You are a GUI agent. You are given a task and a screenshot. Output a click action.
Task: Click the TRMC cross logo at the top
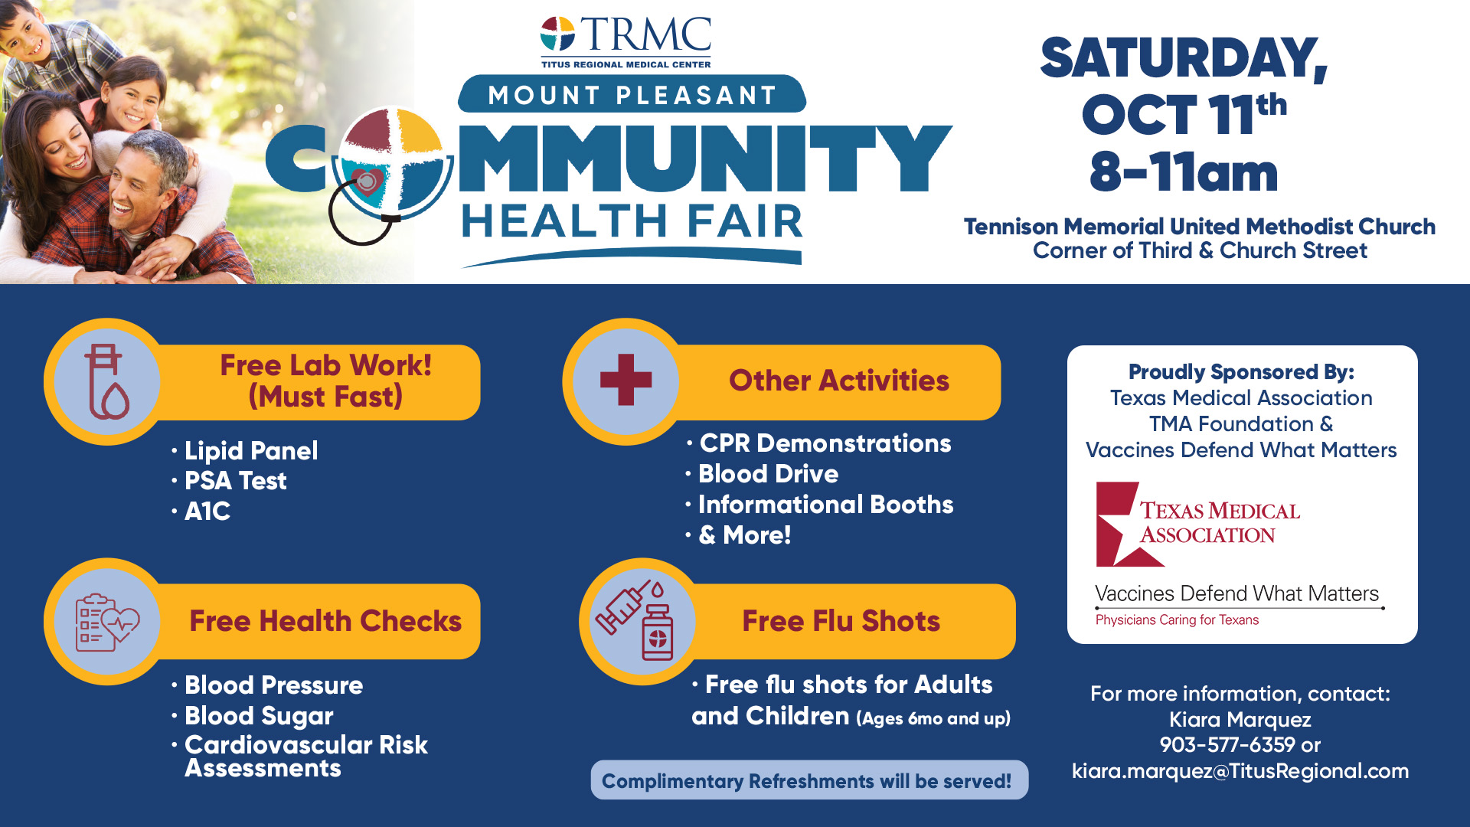(557, 34)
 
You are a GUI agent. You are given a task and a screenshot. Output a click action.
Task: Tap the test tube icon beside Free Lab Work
(107, 381)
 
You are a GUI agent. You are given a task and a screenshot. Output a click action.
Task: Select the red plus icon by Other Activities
(626, 380)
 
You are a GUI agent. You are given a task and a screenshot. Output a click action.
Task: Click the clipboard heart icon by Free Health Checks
(107, 622)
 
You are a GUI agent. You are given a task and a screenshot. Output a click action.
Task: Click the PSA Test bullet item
(236, 481)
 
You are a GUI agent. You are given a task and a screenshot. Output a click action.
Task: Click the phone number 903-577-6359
(1227, 744)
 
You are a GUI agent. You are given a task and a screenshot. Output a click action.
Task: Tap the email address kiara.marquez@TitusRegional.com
(1240, 771)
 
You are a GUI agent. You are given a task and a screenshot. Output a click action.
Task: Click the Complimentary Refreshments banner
(809, 780)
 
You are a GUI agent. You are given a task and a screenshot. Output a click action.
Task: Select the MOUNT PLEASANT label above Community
(632, 95)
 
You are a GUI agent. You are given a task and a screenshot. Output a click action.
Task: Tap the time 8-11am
(1184, 172)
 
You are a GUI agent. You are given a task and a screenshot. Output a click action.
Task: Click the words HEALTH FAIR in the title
(632, 222)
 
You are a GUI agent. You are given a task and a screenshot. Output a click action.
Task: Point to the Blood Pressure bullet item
(273, 685)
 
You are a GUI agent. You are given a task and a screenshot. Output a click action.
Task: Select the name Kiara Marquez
(1240, 720)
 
